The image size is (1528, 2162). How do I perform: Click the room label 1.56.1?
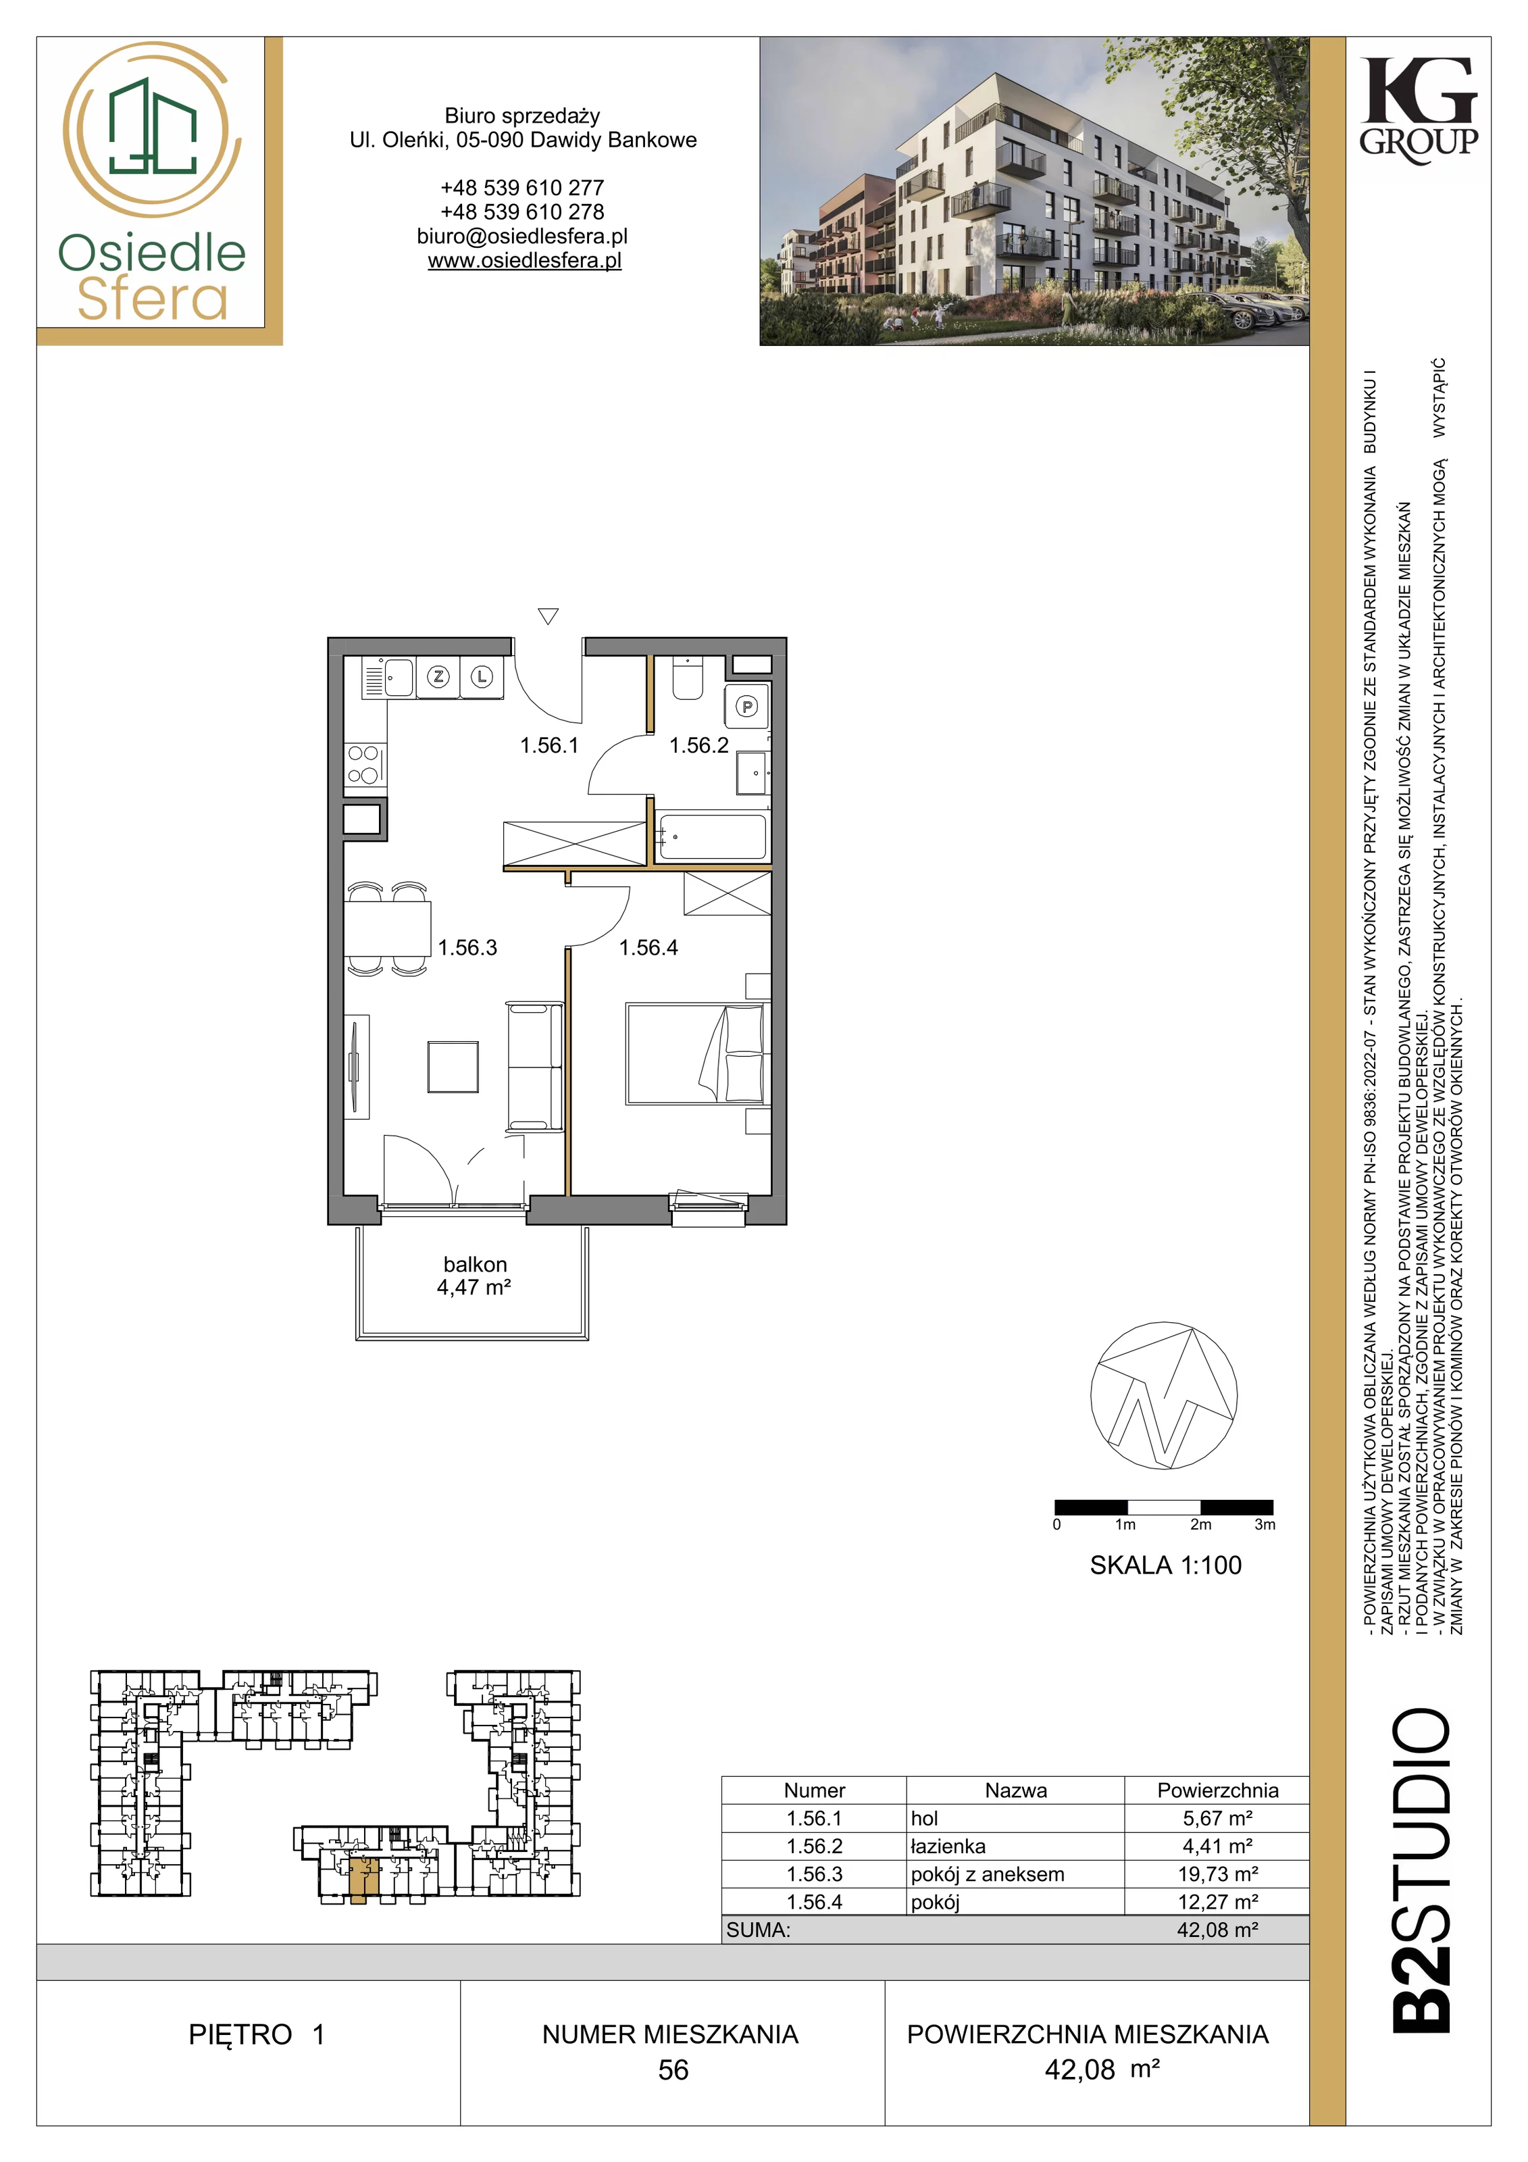tap(549, 746)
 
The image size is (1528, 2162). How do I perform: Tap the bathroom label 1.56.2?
tap(698, 746)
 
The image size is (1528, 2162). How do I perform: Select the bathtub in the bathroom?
tap(713, 837)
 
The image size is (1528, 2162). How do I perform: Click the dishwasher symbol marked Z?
tap(438, 676)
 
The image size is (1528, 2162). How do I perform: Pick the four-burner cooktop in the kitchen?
tap(364, 765)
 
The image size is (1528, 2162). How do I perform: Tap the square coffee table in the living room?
tap(453, 1066)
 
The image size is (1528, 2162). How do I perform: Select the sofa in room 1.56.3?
tap(535, 1066)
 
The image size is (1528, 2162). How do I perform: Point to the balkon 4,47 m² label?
tap(474, 1276)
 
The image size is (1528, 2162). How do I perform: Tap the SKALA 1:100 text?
tap(1165, 1566)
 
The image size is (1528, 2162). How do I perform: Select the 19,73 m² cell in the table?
tap(1217, 1875)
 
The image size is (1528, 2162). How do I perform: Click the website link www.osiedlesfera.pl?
tap(524, 261)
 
